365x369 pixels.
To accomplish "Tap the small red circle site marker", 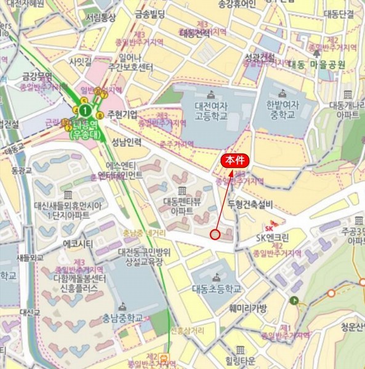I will coord(215,234).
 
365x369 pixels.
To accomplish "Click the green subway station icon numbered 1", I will coord(86,110).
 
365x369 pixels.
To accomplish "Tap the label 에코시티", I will coord(78,243).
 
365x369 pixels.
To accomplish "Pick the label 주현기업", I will coord(122,114).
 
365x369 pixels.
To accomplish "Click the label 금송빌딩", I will coord(150,14).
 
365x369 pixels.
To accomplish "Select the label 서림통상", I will coord(100,18).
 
